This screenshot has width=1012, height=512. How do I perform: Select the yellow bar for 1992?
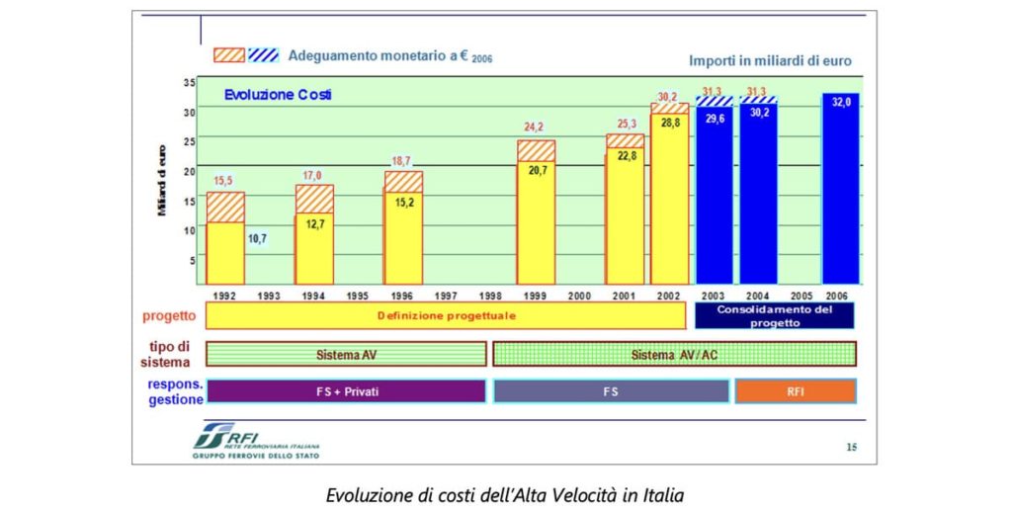click(225, 252)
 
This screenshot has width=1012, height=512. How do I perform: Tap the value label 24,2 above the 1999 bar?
click(536, 128)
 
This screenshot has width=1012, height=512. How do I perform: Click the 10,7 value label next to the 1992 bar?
click(258, 238)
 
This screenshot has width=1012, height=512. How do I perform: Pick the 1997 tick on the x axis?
click(446, 296)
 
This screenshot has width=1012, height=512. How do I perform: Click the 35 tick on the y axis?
click(189, 81)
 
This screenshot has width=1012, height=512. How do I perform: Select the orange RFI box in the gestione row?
click(795, 391)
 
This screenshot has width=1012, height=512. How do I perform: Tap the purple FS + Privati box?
click(346, 391)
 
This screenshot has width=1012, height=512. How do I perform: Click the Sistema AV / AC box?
click(674, 354)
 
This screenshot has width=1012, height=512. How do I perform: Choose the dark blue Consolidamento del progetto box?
click(775, 316)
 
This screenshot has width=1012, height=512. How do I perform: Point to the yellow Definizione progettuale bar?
click(446, 316)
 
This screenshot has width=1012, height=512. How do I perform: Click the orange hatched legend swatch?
click(228, 55)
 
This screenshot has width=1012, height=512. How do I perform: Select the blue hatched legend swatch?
click(264, 55)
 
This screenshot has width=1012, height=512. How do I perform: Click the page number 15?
click(851, 447)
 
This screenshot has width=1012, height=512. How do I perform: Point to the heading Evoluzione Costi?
click(277, 95)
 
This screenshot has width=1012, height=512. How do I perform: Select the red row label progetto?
click(168, 316)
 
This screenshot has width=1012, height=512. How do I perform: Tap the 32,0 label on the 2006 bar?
click(841, 102)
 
